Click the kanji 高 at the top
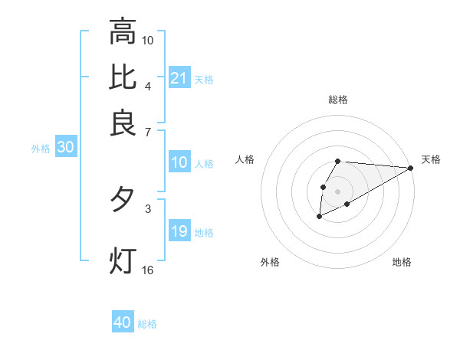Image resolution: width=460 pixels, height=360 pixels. (x=123, y=31)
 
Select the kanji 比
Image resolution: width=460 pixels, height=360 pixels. (x=123, y=77)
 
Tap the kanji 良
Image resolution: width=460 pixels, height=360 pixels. (x=123, y=123)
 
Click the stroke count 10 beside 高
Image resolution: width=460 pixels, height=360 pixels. (x=148, y=39)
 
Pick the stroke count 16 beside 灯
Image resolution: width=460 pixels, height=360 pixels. (x=148, y=270)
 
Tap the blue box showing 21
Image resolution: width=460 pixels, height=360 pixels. (x=179, y=78)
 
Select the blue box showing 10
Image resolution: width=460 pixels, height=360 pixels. (x=179, y=162)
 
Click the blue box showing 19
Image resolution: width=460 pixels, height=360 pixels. (x=179, y=231)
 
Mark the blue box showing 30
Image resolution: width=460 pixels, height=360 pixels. (x=65, y=149)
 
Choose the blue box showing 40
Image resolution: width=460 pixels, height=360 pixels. (x=123, y=322)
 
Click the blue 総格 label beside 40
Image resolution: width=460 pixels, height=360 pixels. (x=147, y=324)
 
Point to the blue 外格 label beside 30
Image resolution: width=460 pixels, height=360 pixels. (x=41, y=149)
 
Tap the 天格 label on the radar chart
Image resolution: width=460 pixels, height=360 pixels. (x=431, y=159)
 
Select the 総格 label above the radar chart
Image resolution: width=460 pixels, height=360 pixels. (x=337, y=100)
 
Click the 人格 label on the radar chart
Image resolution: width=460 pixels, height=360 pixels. (x=245, y=159)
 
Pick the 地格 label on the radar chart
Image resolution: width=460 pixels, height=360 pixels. (x=402, y=263)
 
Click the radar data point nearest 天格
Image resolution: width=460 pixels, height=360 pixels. (x=411, y=168)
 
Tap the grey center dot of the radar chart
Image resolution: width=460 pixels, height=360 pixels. (x=337, y=190)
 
